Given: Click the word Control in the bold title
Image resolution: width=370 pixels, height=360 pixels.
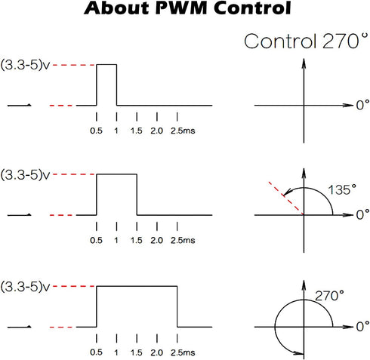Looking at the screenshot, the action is (x=252, y=8).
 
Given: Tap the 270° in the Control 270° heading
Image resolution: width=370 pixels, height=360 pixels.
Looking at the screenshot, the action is (x=345, y=41).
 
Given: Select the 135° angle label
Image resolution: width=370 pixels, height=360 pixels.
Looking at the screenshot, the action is (x=342, y=189).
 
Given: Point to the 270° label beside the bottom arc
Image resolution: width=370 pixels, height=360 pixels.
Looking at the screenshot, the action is (x=329, y=296).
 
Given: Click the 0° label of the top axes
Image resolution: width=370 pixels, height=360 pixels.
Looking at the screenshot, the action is (x=362, y=105).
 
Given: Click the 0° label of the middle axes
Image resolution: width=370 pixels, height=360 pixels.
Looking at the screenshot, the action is (x=362, y=214).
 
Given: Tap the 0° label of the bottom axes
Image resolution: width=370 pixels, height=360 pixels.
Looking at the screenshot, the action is (x=362, y=326).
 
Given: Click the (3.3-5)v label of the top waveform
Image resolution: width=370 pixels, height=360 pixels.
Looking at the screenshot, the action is (x=26, y=65).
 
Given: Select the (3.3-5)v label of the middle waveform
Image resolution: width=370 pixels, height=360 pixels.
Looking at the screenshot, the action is (x=26, y=174).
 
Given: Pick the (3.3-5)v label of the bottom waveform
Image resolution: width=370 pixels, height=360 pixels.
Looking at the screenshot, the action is (x=26, y=287).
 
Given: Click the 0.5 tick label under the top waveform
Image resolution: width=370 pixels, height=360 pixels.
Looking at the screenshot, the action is (x=96, y=131).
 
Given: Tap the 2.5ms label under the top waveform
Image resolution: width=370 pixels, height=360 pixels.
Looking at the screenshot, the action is (x=183, y=131).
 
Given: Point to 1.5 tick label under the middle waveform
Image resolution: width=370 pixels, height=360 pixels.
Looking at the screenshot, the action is (x=136, y=240).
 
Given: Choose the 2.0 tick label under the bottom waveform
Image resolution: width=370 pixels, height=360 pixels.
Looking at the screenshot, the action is (x=156, y=352).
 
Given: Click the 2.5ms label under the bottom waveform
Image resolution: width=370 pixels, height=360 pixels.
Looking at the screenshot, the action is (x=183, y=352).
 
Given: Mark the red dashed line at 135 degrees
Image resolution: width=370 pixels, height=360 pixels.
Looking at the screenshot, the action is (x=286, y=198).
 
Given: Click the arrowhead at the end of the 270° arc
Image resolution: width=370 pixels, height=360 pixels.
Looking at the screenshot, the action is (x=299, y=353).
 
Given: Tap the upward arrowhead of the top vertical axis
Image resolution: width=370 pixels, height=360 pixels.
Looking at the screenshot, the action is (x=304, y=63).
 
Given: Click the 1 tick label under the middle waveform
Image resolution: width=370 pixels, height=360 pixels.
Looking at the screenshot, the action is (x=116, y=240).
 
